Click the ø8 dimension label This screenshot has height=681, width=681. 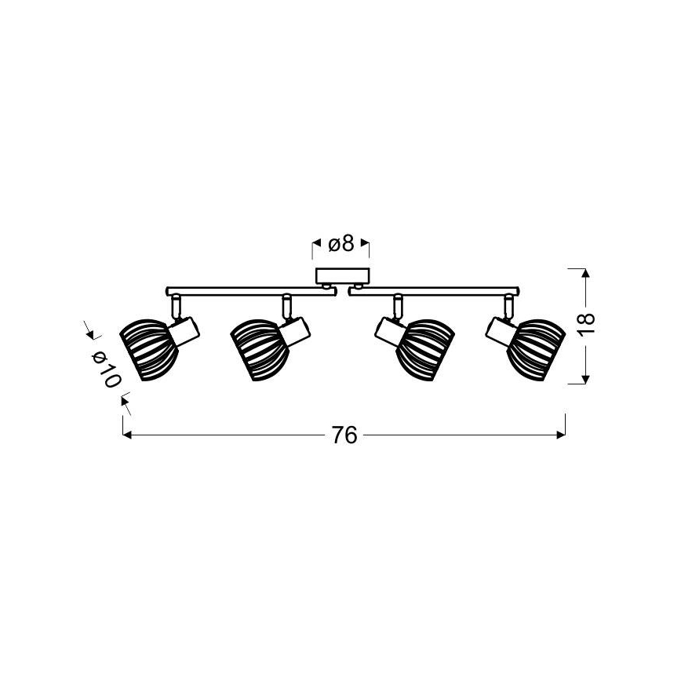[341, 244]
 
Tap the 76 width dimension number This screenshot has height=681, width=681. [344, 435]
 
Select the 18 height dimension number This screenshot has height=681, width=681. [586, 323]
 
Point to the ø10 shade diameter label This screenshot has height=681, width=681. [106, 370]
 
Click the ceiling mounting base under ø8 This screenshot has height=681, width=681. [342, 275]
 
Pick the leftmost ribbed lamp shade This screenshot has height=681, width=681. [148, 350]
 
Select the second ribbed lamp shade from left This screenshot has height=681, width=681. [259, 350]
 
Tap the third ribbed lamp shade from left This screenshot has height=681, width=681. [425, 350]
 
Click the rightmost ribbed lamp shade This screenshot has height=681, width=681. [536, 350]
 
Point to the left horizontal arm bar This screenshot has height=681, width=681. [251, 291]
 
